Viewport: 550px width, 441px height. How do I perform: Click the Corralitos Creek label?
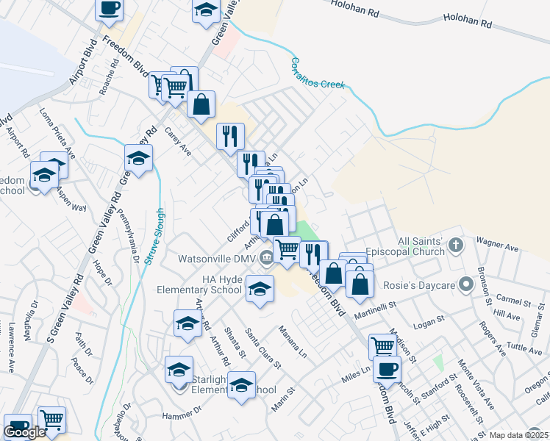click(x=318, y=73)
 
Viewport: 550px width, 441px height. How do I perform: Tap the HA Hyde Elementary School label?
click(x=199, y=284)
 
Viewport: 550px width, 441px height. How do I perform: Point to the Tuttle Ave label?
click(x=524, y=347)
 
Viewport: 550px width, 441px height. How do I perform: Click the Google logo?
click(x=24, y=432)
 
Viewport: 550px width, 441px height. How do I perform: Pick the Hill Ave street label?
click(x=507, y=315)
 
